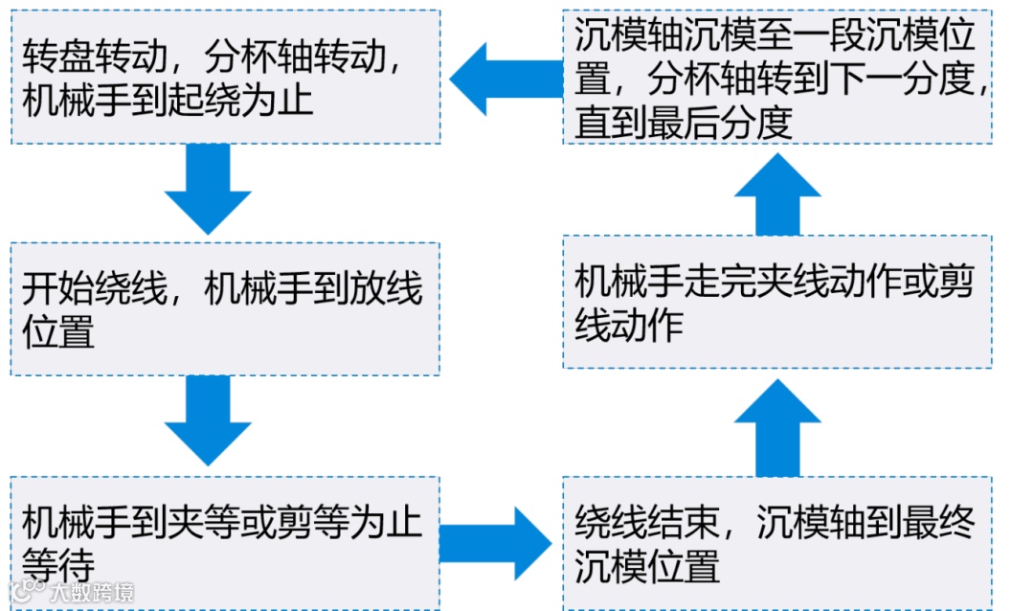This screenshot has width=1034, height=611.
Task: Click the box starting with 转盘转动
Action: point(225,77)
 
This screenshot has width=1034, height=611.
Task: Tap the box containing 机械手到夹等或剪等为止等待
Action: point(225,542)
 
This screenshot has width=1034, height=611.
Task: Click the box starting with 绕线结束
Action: point(776,542)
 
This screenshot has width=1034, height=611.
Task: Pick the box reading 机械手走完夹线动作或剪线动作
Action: point(776,302)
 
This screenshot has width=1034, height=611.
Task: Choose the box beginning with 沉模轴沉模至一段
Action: point(776,77)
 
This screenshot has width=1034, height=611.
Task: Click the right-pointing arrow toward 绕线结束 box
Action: point(498,543)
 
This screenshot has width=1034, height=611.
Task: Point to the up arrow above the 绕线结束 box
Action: point(776,428)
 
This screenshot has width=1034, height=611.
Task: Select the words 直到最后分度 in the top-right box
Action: point(684,123)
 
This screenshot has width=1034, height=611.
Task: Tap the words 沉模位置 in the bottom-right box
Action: point(647,567)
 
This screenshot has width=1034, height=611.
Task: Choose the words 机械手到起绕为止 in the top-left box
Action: point(168,100)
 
